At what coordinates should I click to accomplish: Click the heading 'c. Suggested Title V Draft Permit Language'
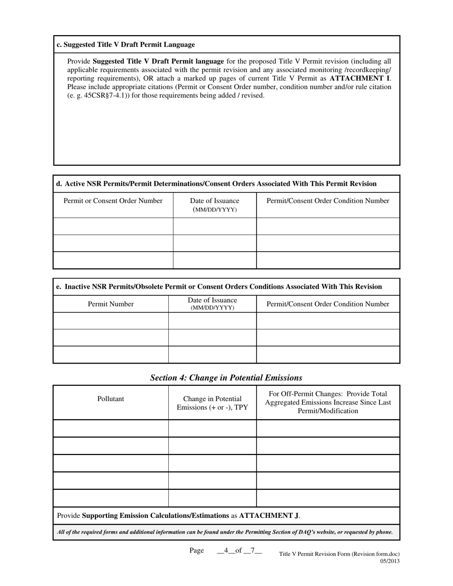(x=126, y=45)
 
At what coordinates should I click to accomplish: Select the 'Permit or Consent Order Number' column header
(x=113, y=201)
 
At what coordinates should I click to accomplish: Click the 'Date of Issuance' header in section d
(x=215, y=205)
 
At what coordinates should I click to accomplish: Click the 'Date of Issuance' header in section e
(x=212, y=303)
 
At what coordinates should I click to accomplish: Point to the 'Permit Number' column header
(x=111, y=304)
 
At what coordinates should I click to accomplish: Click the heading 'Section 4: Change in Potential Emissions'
(x=226, y=378)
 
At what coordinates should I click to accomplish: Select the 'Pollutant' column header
(x=111, y=399)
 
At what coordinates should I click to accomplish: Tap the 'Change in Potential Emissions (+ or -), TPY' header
(x=212, y=403)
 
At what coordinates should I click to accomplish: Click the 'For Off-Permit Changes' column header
(x=328, y=402)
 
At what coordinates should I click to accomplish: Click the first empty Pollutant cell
(x=111, y=429)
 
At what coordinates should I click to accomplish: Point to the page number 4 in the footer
(x=226, y=551)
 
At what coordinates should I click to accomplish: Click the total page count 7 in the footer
(x=253, y=551)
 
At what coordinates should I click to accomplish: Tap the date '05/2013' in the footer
(x=390, y=561)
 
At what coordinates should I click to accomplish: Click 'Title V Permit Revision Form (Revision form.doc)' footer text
(x=339, y=554)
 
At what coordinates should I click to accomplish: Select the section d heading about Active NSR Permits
(x=216, y=184)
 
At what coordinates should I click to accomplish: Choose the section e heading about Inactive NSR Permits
(x=219, y=287)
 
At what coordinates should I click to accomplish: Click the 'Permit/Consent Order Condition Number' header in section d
(x=328, y=201)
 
